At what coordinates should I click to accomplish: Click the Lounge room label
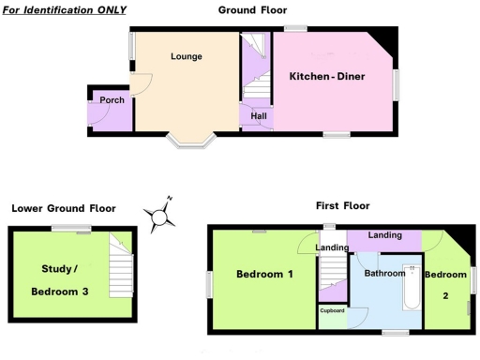[187, 56]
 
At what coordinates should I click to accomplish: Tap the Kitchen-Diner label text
[326, 76]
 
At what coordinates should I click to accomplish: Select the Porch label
[99, 99]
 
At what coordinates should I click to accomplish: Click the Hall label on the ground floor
[258, 116]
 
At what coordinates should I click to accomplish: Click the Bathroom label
[384, 274]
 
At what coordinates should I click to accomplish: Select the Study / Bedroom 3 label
[60, 280]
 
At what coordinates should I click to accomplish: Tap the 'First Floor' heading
[343, 205]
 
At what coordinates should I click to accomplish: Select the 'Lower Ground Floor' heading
[64, 208]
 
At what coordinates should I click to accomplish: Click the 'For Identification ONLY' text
[65, 9]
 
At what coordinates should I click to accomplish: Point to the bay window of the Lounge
[191, 142]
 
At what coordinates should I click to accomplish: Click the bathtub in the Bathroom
[412, 289]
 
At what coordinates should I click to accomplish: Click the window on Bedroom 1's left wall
[208, 284]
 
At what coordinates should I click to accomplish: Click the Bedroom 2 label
[445, 282]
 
